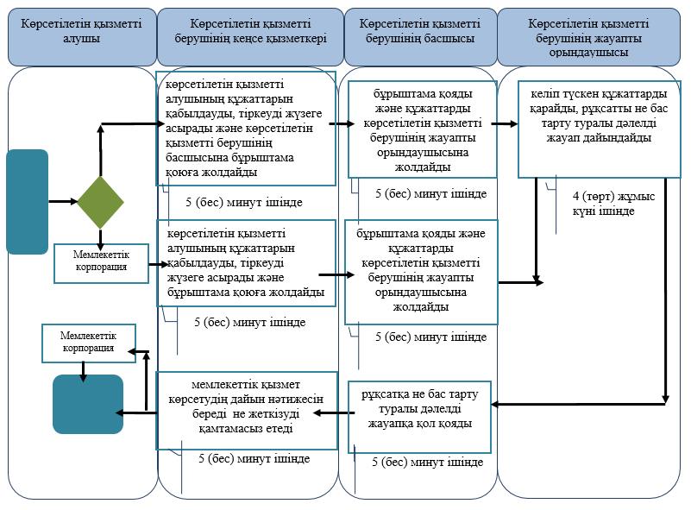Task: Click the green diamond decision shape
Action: coord(100,202)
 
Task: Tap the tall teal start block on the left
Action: coord(28,202)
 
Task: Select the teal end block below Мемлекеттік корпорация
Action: coord(88,404)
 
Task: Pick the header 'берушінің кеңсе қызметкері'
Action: coord(250,37)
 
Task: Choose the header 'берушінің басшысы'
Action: coord(420,37)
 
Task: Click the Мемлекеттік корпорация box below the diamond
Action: coord(101,263)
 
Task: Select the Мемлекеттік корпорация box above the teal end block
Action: coord(89,343)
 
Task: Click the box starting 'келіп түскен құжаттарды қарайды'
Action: coord(600,129)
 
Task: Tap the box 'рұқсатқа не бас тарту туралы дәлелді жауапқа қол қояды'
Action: coord(419,417)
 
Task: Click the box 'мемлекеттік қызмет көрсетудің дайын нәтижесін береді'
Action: coord(247,411)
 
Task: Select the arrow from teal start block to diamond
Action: coord(63,202)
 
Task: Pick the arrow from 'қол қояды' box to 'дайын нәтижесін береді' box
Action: coord(334,413)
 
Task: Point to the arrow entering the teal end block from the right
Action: coord(136,412)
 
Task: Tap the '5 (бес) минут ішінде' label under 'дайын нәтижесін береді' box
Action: coord(254,458)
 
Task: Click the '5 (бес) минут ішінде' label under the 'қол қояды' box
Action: coord(428,462)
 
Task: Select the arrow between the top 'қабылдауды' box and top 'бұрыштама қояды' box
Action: coord(342,124)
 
